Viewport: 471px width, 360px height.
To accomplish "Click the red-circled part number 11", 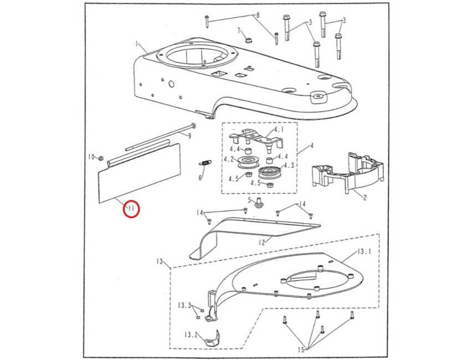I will [x=131, y=209].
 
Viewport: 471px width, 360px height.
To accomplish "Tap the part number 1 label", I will [x=137, y=43].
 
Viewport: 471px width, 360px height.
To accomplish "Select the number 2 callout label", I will [x=365, y=197].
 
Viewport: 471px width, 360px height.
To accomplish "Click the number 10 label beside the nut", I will [x=92, y=157].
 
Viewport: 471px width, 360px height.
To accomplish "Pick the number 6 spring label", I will [x=201, y=178].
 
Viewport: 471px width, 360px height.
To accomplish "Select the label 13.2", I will [x=191, y=335].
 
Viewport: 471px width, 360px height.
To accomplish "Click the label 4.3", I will [x=289, y=165].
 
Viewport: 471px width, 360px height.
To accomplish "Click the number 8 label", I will [x=257, y=16].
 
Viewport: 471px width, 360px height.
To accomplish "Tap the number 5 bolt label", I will [x=250, y=200].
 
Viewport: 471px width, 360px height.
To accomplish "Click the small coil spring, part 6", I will [x=204, y=163].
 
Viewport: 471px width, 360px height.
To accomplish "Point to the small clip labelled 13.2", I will [x=212, y=338].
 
